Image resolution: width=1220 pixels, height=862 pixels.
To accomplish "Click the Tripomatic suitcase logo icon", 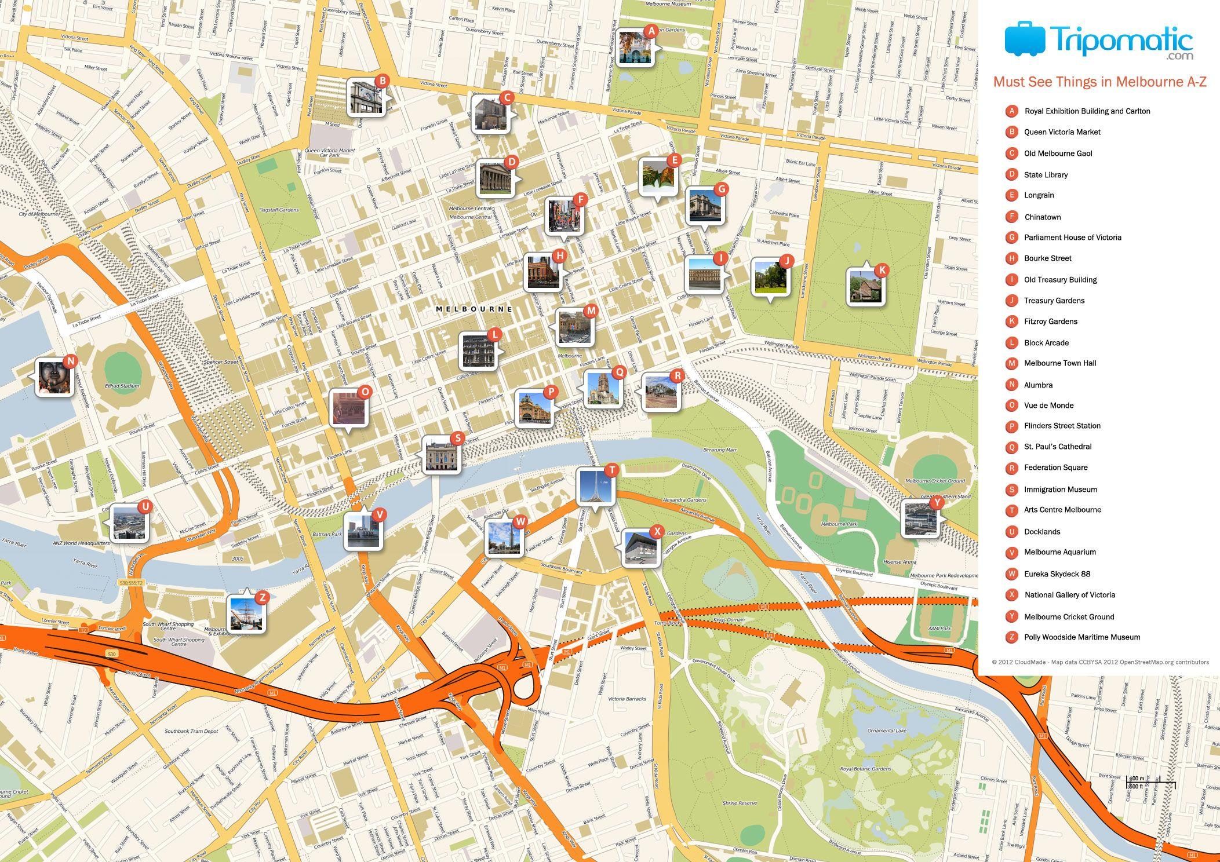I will pos(1024,39).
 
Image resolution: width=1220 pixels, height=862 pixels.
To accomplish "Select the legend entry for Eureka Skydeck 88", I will pos(1057,574).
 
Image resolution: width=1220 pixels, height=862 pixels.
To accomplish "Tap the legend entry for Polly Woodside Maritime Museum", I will pos(1081,637).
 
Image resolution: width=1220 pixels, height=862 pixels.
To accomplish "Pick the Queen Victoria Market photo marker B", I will pos(366,97).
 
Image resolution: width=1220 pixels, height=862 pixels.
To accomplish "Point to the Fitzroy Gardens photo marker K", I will pos(865,287).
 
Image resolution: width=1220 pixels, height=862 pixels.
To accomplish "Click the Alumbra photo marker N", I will pos(54,377).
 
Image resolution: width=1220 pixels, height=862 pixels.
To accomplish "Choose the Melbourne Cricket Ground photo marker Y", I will pos(920,519).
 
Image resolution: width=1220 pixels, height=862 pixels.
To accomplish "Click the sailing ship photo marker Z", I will pos(246,613).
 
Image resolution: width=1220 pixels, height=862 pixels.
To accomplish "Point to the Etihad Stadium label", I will pos(122,386).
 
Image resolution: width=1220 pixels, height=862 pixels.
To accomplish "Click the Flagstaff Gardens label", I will pos(279,210).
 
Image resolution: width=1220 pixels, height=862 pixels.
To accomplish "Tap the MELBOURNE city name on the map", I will pos(474,309).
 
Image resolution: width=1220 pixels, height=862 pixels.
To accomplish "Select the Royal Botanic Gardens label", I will pos(865,769).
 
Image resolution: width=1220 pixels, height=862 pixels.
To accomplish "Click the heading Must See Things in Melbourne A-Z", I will pos(1099,82).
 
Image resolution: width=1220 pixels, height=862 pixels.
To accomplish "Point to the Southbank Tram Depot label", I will pos(191,731).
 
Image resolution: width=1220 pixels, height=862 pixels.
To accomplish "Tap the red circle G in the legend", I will pos(1011,238).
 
